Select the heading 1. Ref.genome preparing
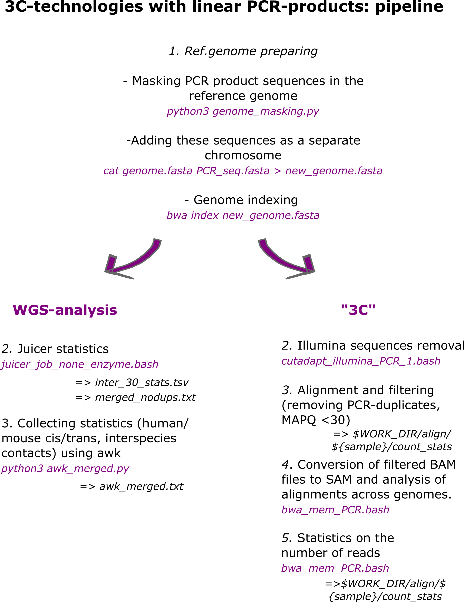coord(243,51)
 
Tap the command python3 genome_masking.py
coord(243,111)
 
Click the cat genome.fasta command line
coord(243,171)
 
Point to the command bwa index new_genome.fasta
coord(243,215)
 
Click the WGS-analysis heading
coord(65,310)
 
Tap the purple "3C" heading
coord(358,310)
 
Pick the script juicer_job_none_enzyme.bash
coord(80,364)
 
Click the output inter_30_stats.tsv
coord(142,383)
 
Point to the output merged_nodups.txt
coord(145,397)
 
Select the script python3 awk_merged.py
coord(65,468)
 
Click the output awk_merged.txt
coord(141,486)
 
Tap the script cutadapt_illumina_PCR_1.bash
coord(361,361)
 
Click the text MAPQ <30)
coord(316,420)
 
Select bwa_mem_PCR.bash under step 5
coord(335,568)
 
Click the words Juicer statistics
coord(63,349)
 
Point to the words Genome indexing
coord(245,200)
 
